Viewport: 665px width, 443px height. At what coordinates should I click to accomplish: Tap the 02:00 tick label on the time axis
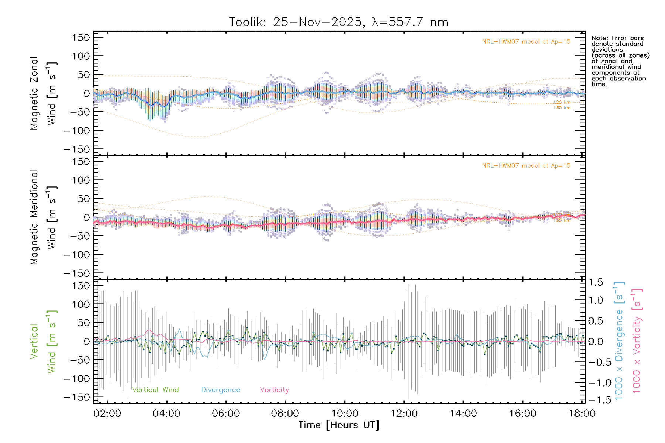107,413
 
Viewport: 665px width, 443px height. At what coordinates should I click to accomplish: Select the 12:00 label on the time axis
404,413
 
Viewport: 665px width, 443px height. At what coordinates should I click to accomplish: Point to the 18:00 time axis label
582,413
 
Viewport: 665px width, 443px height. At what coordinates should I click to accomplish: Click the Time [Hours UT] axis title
339,425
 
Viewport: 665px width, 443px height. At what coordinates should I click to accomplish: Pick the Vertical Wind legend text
155,389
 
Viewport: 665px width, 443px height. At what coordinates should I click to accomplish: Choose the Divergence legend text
221,389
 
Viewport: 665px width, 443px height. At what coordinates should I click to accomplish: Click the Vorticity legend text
274,389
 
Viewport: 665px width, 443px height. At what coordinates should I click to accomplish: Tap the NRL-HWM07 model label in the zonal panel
526,42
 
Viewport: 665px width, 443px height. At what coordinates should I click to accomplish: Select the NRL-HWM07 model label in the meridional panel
526,166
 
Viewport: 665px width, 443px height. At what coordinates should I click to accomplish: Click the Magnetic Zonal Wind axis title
43,93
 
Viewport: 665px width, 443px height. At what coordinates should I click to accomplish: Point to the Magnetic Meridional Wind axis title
43,217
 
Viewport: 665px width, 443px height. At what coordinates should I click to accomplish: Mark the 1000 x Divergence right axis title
619,341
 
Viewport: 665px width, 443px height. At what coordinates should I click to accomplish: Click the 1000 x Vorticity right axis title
637,341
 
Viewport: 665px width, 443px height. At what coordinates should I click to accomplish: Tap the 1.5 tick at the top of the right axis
596,282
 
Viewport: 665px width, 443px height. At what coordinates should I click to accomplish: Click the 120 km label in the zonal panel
562,102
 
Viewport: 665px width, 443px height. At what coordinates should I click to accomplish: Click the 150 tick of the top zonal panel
81,38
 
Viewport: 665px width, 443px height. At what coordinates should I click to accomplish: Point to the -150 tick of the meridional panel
77,273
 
